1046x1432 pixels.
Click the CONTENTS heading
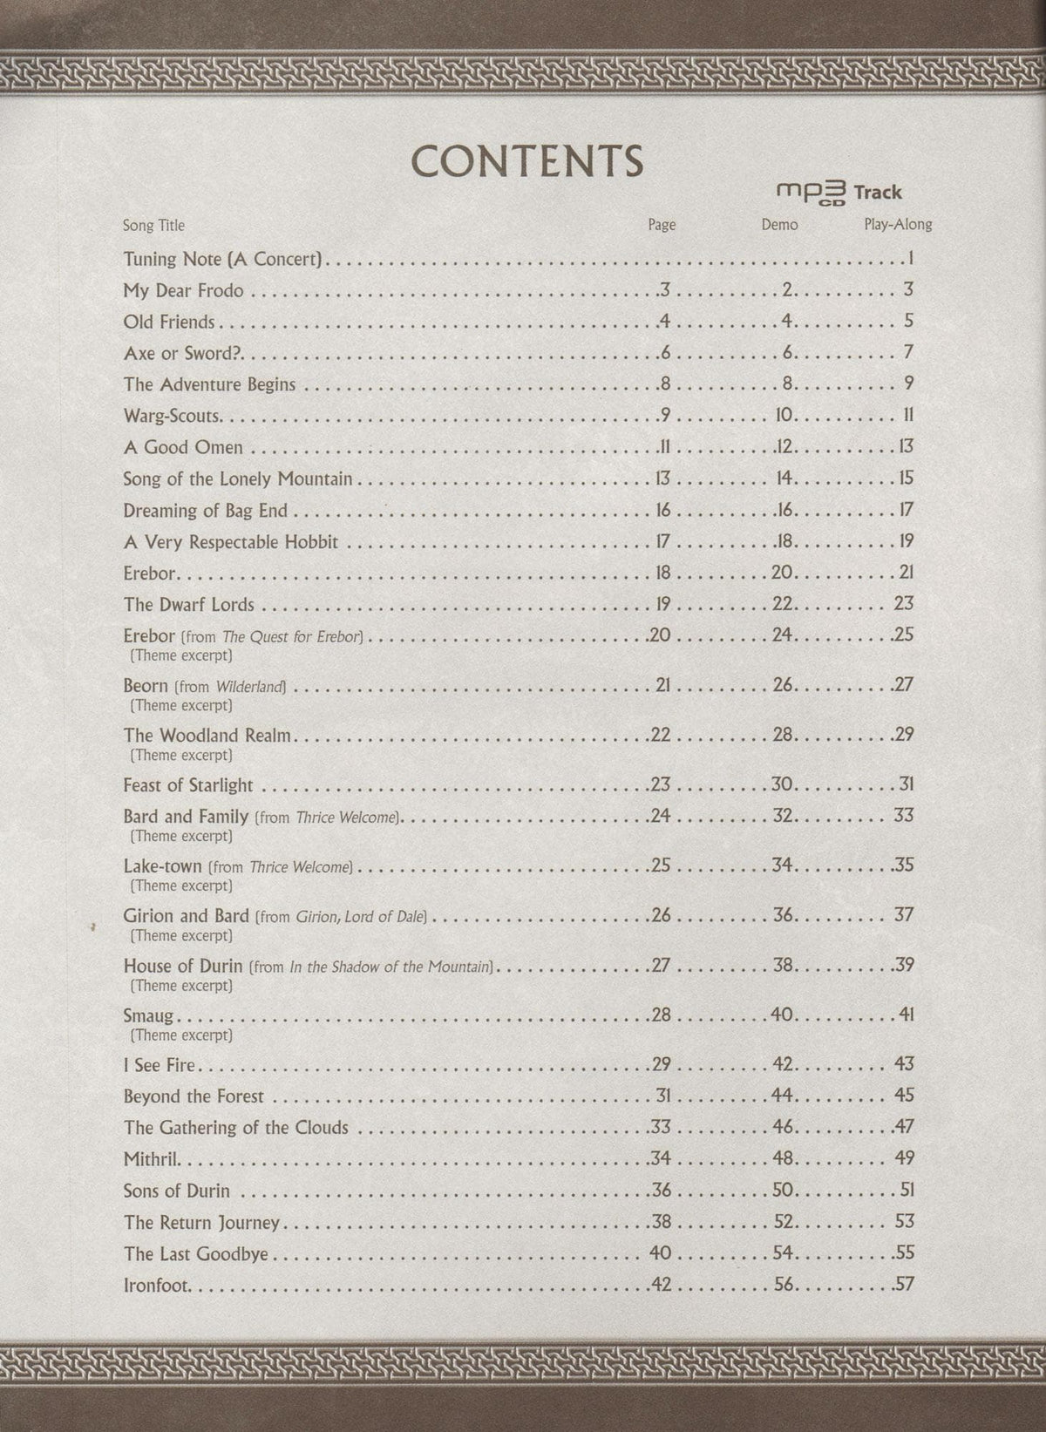527,160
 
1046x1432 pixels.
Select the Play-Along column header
898,225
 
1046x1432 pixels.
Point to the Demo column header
779,225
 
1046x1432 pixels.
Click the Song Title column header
153,225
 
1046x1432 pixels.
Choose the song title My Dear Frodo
183,290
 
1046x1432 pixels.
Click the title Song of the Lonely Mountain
237,478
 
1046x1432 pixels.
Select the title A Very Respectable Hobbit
230,541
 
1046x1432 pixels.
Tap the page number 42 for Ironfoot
662,1284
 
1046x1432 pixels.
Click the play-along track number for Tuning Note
909,258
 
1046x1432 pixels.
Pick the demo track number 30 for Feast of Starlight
781,784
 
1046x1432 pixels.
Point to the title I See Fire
160,1064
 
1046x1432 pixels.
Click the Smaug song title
148,1015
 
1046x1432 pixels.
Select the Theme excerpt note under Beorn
180,705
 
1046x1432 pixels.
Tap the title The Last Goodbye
195,1253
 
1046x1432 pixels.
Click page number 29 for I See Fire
661,1064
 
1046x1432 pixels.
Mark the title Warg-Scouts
172,416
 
